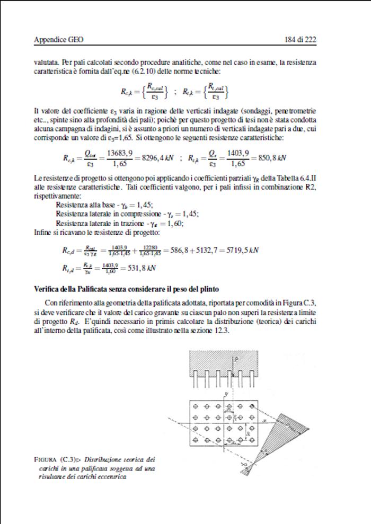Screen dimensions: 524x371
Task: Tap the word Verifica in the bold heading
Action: coord(46,288)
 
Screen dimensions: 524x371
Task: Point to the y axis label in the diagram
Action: coord(226,394)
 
